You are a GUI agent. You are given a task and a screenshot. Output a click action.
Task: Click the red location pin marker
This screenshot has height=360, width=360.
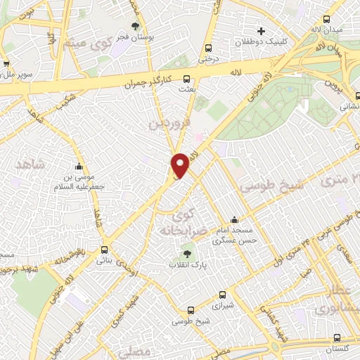[180, 165]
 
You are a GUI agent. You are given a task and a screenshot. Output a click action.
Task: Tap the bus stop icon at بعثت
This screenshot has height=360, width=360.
[187, 79]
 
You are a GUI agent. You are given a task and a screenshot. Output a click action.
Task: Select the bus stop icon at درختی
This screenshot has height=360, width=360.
[207, 48]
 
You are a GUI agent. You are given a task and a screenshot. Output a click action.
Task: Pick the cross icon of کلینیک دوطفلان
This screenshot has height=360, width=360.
[261, 31]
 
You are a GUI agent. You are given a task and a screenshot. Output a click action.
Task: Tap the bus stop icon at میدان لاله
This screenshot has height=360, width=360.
[326, 20]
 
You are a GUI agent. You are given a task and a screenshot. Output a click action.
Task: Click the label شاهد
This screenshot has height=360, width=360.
[30, 164]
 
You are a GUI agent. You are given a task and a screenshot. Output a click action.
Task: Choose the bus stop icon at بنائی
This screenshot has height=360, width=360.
[105, 249]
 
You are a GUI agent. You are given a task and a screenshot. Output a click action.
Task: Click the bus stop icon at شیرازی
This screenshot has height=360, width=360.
[222, 295]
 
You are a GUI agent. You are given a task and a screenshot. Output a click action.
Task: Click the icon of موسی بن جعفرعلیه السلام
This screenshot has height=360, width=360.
[78, 167]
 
